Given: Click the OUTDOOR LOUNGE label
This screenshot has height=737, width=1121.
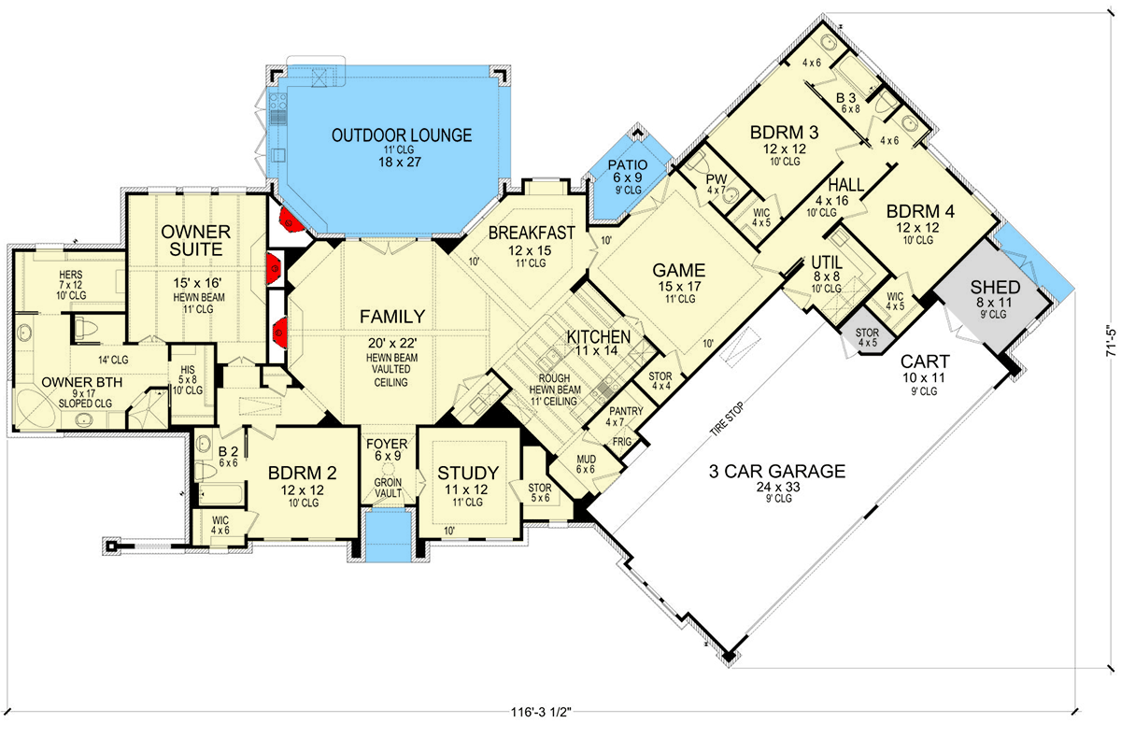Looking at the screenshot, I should pos(401,135).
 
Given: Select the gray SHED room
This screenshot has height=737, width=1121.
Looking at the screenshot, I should pos(993,287).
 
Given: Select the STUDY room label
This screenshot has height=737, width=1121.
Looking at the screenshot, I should pos(467,473).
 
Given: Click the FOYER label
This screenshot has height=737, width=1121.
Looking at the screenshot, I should pos(386,444).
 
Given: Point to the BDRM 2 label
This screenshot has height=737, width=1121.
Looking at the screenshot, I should pos(295,473).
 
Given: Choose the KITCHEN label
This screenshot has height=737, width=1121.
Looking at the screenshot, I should pos(598,336).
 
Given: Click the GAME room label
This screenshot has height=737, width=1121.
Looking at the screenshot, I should pos(677,270).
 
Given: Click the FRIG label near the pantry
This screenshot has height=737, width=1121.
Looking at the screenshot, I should pos(622,442).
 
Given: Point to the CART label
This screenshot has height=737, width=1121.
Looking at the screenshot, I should pos(925,361).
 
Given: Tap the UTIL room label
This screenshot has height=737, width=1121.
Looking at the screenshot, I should pos(827,263).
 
